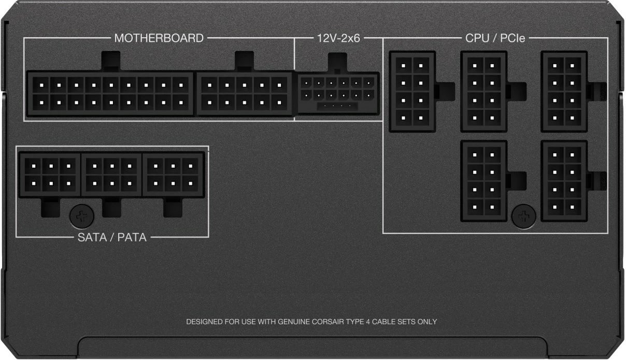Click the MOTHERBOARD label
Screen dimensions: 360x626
coord(159,38)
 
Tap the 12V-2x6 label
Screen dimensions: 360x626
coord(338,38)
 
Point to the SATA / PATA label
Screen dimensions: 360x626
coord(111,237)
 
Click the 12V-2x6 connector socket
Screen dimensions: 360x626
coord(338,93)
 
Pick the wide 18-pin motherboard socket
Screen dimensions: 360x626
coord(110,93)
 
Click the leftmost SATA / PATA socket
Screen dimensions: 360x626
coord(50,174)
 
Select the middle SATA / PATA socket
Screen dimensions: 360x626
coord(111,174)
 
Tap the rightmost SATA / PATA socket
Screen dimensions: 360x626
coord(173,174)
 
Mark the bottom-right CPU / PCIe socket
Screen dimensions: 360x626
coord(564,181)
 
